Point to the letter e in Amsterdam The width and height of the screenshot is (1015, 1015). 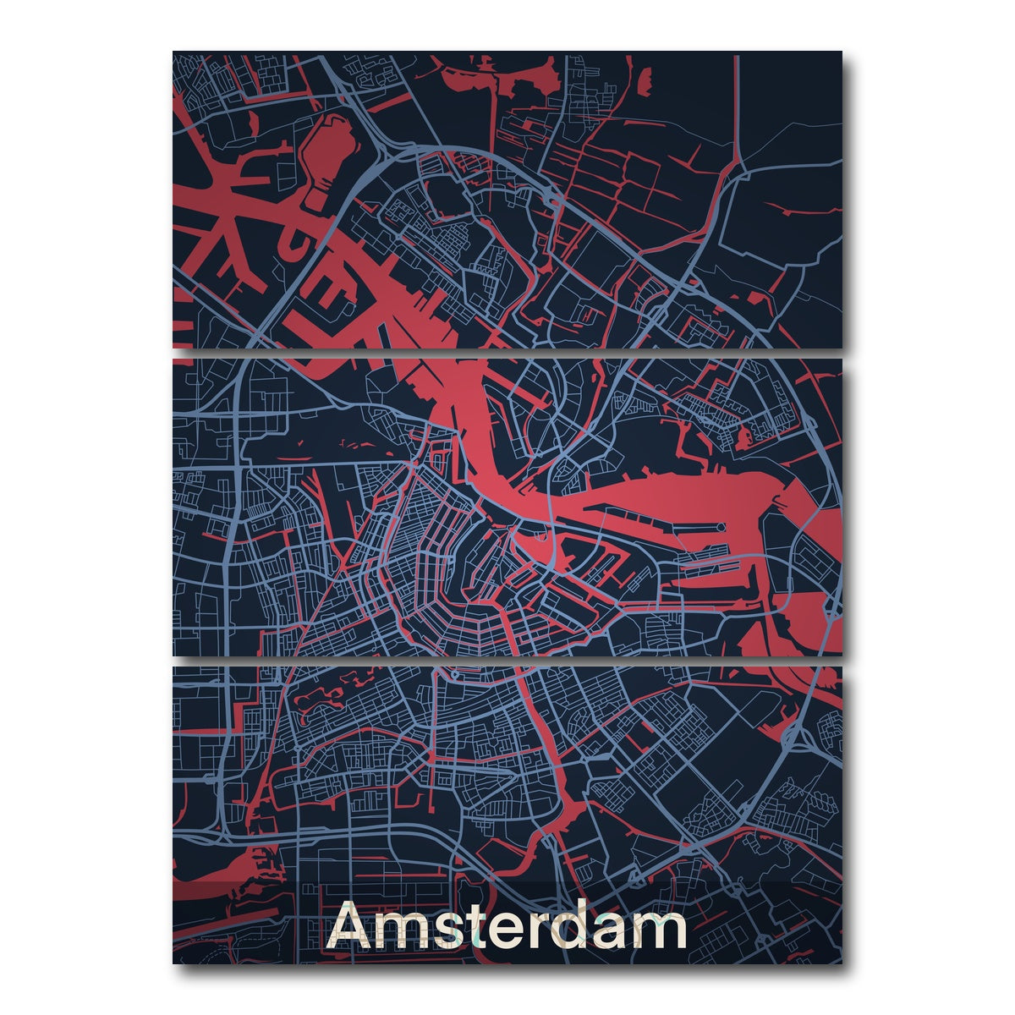click(x=508, y=933)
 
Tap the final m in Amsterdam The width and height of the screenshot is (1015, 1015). click(x=656, y=932)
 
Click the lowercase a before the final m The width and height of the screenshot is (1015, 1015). click(x=609, y=933)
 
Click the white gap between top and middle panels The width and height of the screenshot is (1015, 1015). click(x=507, y=353)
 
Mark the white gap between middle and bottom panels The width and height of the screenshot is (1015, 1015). click(x=507, y=661)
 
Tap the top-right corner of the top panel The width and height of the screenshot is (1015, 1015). click(x=841, y=52)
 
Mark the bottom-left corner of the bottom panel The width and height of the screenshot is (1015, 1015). click(x=174, y=962)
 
